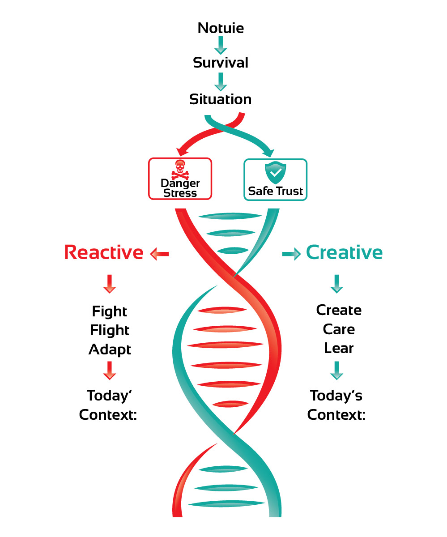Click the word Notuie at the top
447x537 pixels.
coord(221,28)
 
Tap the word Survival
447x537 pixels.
coord(221,62)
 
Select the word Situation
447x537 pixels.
coord(221,99)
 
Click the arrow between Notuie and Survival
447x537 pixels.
coord(221,45)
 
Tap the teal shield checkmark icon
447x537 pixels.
coord(275,170)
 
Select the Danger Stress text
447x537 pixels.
coord(180,188)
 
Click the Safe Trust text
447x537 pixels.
coord(276,191)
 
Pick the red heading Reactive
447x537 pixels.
coord(104,253)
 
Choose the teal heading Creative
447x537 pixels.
coord(344,253)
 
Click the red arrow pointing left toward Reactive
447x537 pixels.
coord(159,254)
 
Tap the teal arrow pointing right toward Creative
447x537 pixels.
coord(291,254)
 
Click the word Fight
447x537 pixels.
coord(110,311)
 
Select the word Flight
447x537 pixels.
coord(110,330)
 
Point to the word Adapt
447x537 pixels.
coord(110,349)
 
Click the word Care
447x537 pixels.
coord(339,329)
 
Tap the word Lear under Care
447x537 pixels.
coord(339,348)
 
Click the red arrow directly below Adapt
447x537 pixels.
coord(110,370)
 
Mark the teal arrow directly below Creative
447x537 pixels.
coord(336,284)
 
